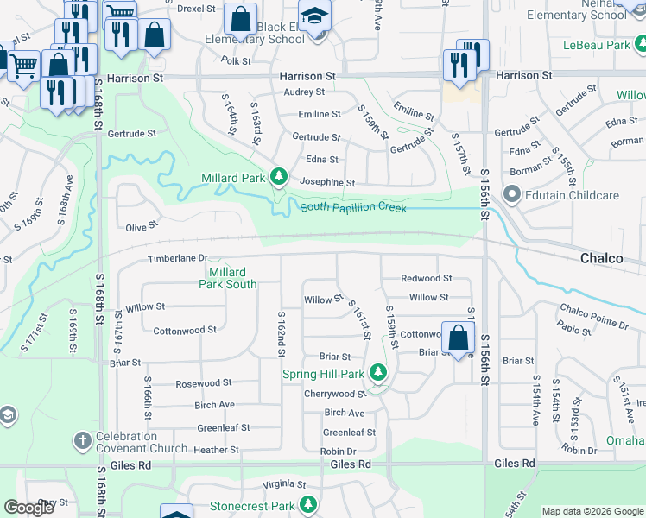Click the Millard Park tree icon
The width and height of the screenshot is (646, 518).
click(278, 177)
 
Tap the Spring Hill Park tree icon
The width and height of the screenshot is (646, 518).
click(377, 374)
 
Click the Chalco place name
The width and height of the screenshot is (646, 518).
click(602, 258)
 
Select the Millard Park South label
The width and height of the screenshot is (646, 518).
click(228, 278)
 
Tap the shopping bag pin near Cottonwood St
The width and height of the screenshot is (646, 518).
click(459, 338)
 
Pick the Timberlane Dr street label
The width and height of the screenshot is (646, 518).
click(178, 258)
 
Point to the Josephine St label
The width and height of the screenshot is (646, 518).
click(326, 183)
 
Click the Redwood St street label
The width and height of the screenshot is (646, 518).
click(427, 279)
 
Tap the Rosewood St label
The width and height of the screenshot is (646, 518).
click(203, 383)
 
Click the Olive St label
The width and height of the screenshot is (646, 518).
click(141, 226)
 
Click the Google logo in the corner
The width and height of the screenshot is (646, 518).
click(29, 508)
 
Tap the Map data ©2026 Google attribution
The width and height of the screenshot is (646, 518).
click(592, 511)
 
